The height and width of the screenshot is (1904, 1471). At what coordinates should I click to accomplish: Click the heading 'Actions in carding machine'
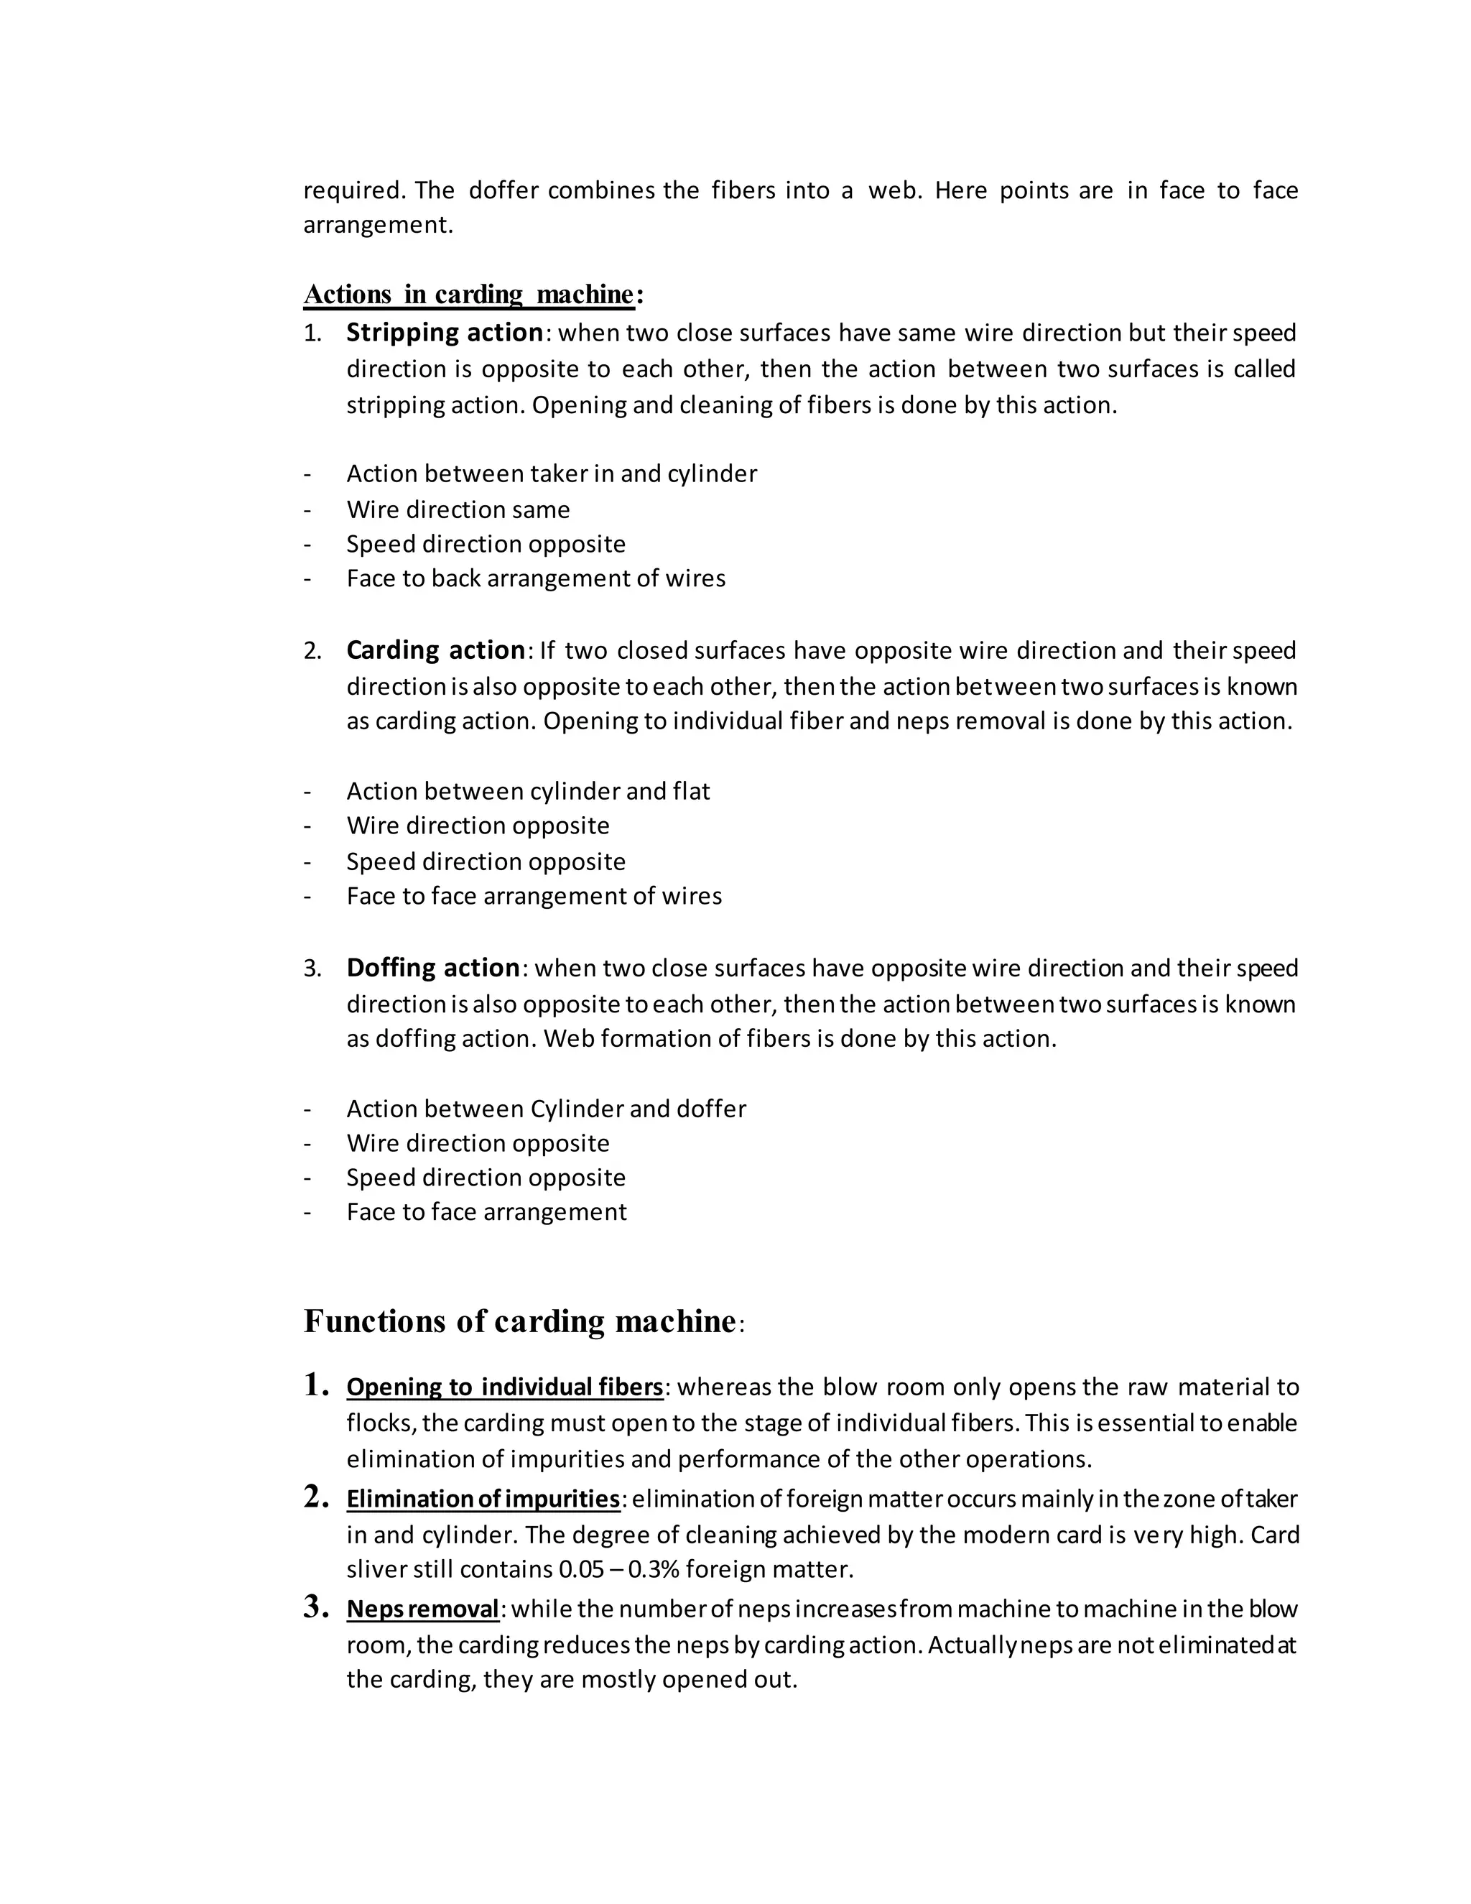click(x=469, y=295)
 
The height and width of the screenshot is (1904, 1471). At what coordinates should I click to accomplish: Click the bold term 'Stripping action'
click(x=445, y=333)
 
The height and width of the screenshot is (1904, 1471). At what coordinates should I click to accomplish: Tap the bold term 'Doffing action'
click(x=433, y=968)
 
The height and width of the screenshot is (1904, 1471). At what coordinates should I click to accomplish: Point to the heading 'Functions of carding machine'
click(x=519, y=1321)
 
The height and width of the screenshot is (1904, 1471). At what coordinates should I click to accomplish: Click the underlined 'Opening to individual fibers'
click(x=504, y=1387)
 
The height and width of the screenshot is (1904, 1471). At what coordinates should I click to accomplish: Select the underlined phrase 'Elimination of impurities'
click(x=483, y=1499)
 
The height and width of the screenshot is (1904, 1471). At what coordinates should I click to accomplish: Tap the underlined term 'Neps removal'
click(x=422, y=1609)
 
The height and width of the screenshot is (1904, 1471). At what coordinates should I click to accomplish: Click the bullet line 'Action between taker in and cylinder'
click(x=552, y=473)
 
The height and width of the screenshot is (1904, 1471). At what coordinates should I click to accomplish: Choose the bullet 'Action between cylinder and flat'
click(x=528, y=791)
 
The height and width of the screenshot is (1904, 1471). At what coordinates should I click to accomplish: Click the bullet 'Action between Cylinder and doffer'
click(x=547, y=1109)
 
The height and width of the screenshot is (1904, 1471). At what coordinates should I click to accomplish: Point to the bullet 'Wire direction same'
click(x=458, y=509)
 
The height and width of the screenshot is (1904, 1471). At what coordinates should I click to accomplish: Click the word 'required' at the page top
click(x=354, y=191)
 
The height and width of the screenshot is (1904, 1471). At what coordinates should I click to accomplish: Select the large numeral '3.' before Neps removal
click(x=315, y=1607)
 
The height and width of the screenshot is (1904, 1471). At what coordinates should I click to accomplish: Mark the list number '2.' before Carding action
click(x=312, y=651)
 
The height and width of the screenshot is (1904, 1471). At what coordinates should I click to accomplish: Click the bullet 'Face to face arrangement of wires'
click(x=534, y=896)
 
